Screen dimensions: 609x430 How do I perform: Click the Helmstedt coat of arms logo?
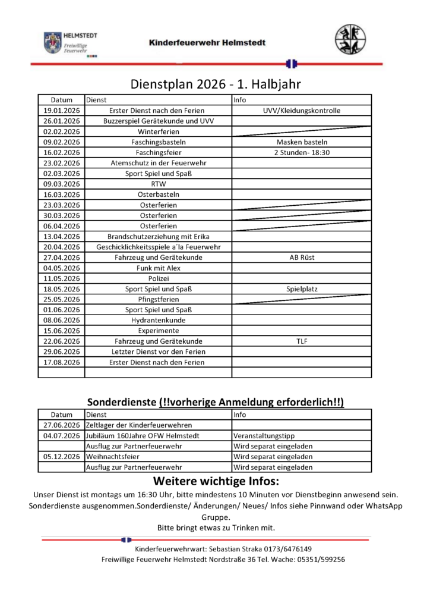click(53, 43)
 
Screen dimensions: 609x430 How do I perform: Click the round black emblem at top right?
click(350, 40)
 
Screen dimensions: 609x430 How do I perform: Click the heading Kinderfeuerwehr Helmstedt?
click(207, 43)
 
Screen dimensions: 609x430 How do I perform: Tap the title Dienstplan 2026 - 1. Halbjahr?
click(216, 84)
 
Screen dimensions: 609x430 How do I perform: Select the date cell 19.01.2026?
click(62, 111)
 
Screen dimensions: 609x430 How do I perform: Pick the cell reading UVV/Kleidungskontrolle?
click(302, 111)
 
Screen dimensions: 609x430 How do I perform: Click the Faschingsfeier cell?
click(159, 152)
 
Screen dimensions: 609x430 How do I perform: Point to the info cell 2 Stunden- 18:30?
click(302, 152)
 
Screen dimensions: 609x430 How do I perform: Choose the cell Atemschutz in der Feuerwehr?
click(159, 163)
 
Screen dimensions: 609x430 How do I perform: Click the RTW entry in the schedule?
click(159, 184)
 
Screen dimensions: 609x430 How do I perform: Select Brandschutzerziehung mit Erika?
click(159, 236)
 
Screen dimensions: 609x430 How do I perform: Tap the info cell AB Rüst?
click(302, 258)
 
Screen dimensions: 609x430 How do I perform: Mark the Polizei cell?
click(159, 278)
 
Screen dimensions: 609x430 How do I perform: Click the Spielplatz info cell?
click(302, 289)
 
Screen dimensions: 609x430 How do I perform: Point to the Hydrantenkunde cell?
click(159, 320)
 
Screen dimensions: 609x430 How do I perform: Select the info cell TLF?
click(302, 341)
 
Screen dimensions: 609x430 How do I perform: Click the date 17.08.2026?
click(62, 362)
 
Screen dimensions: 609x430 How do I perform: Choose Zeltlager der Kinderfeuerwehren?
click(139, 425)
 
